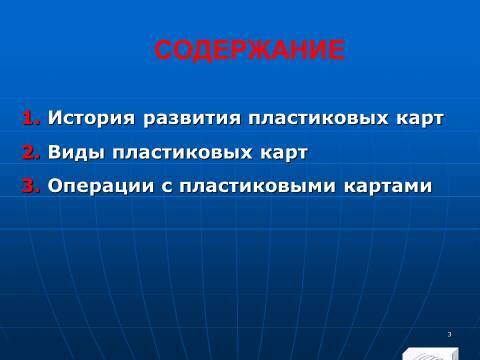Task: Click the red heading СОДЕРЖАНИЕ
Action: tap(250, 50)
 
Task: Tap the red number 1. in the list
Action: tap(31, 119)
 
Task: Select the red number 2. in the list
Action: tap(31, 153)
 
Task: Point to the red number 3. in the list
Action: tap(31, 186)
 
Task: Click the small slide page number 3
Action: tap(450, 334)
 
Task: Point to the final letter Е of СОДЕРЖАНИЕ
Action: tap(336, 50)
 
